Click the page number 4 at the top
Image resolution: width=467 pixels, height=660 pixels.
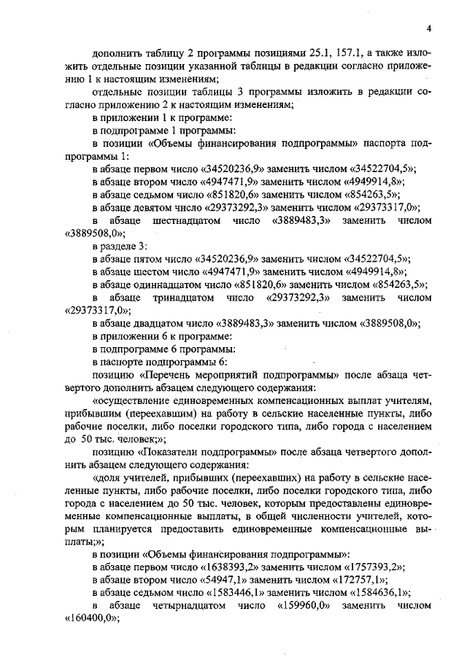(430, 28)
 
